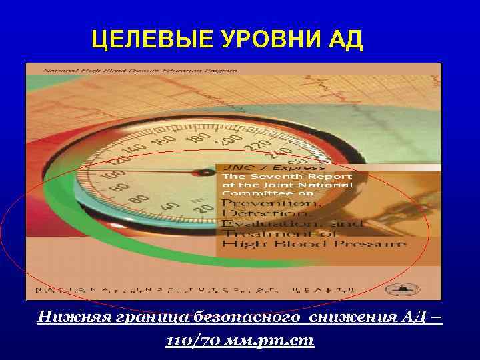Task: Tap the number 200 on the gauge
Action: coord(230,139)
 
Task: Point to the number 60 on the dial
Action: coord(139,198)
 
